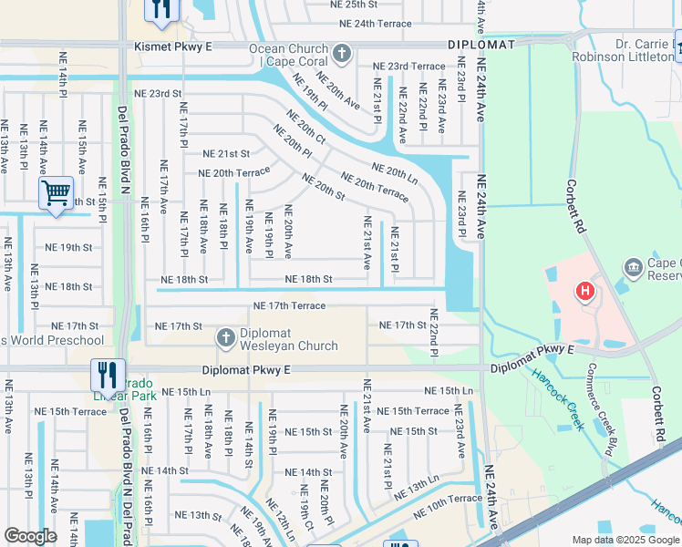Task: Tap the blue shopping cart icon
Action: (57, 193)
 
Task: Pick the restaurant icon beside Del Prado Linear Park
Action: (108, 374)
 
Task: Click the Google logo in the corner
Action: (31, 536)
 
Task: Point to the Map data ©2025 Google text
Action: (625, 540)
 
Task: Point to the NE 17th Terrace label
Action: (289, 305)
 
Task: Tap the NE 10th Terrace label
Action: (447, 499)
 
